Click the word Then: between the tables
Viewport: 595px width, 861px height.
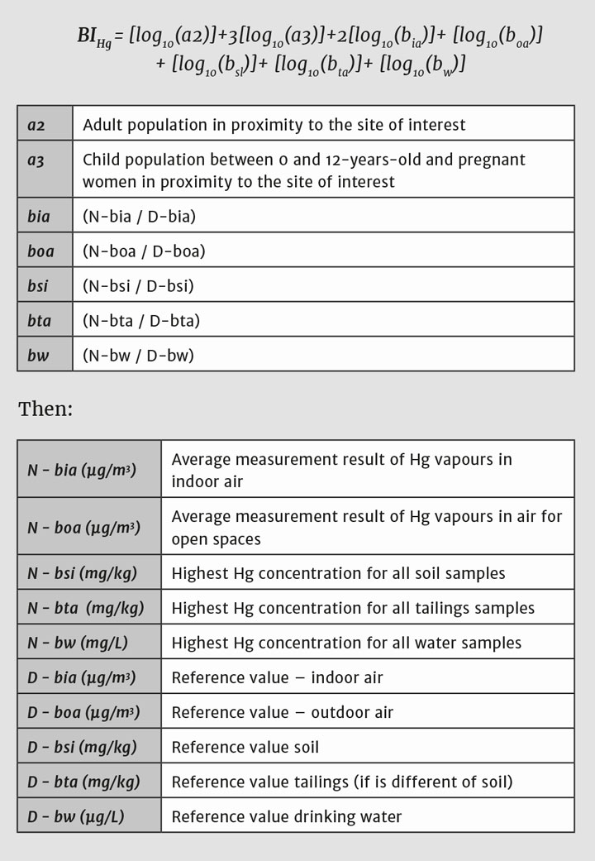45,409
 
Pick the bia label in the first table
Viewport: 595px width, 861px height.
38,217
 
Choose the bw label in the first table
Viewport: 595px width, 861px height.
38,356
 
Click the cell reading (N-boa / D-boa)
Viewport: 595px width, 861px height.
144,251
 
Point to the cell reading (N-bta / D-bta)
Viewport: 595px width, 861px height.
141,321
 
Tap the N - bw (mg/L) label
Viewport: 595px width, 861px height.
77,643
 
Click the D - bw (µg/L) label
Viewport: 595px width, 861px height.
77,816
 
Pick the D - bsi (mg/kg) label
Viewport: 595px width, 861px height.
82,747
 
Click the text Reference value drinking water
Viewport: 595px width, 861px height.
287,816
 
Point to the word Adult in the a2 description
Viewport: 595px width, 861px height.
102,126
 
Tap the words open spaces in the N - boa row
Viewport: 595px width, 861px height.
216,539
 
